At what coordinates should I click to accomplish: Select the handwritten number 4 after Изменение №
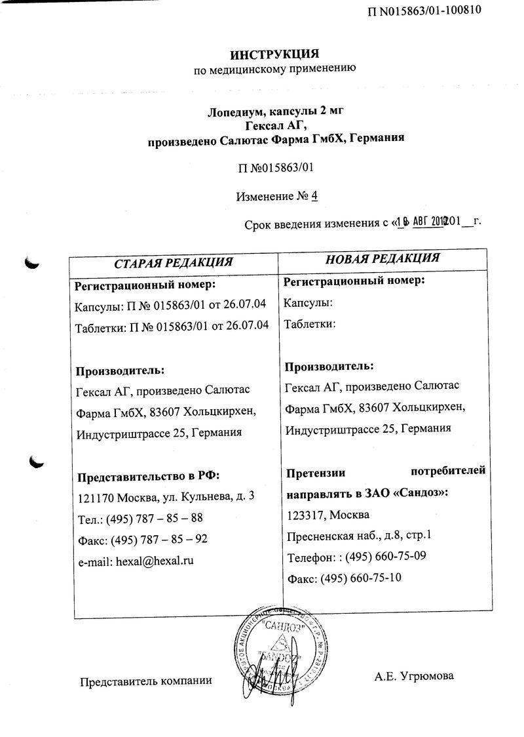tap(315, 195)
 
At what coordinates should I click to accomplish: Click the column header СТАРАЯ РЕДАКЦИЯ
tap(174, 262)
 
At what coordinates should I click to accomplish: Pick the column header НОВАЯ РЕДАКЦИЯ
tap(383, 258)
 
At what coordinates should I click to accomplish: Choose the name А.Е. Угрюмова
tap(415, 676)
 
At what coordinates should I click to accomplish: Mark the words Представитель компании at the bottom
tap(145, 681)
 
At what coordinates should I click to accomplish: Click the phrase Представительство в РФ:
tap(149, 475)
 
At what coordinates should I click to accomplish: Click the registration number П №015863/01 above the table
tap(277, 168)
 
